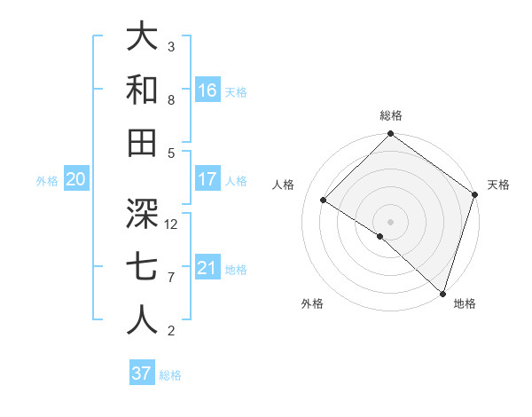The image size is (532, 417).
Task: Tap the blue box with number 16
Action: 207,90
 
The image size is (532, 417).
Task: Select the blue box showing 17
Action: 207,179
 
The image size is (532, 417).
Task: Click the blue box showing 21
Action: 207,268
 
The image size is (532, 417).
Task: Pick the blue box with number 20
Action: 75,179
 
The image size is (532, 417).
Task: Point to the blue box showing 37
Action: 142,374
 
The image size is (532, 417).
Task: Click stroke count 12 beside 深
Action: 172,224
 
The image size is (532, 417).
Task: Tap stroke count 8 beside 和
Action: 171,100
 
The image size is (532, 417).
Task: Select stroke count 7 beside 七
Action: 171,278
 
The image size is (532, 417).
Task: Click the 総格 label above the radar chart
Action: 391,115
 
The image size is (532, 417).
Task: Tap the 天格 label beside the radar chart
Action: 498,185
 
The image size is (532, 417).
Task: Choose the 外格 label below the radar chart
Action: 311,303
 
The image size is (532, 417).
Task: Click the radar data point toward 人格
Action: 324,201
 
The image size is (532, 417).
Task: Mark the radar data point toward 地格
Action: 442,292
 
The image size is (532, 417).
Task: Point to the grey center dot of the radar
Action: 390,221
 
